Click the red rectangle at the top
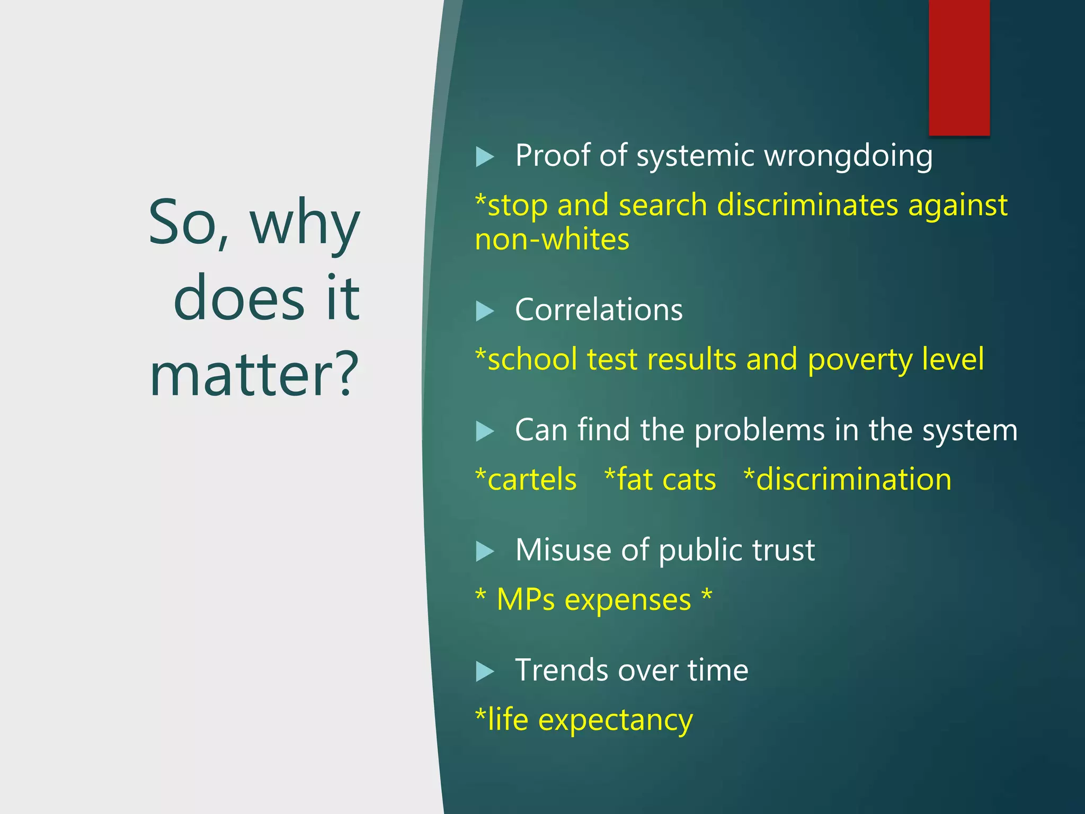(959, 67)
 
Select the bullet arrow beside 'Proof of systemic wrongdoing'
(485, 157)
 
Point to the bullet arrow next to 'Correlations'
(485, 311)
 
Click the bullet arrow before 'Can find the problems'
(485, 431)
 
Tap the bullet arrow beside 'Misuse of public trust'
(485, 551)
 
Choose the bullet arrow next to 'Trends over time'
(485, 671)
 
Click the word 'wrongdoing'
(848, 157)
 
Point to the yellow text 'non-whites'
(552, 240)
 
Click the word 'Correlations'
(599, 310)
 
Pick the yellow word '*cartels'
(526, 480)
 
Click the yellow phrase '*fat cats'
(660, 480)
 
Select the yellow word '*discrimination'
(847, 480)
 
